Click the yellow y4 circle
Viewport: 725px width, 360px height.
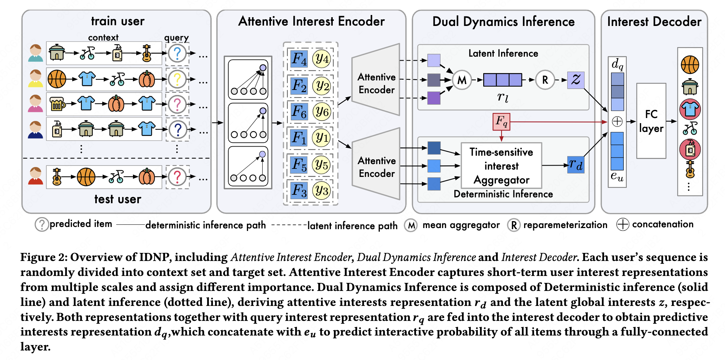point(322,59)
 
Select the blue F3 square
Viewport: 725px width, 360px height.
point(299,190)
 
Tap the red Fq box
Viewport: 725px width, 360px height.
point(501,122)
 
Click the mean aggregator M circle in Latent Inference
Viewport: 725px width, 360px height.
point(462,80)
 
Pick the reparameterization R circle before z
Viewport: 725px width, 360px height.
point(545,80)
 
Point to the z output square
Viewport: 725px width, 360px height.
point(576,80)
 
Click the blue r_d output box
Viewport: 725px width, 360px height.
point(576,165)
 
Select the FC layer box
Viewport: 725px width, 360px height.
point(651,121)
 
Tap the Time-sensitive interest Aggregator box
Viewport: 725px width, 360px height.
point(501,166)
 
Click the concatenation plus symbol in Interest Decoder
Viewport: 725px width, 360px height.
point(617,121)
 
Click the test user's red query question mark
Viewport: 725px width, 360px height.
point(177,177)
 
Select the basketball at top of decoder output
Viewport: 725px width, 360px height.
point(690,65)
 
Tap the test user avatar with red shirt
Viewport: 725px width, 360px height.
point(36,176)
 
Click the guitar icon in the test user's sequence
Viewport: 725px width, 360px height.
point(57,177)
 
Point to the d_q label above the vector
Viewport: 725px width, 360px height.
point(617,64)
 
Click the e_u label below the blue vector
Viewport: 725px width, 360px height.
point(617,177)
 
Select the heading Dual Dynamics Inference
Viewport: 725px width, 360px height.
point(503,22)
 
